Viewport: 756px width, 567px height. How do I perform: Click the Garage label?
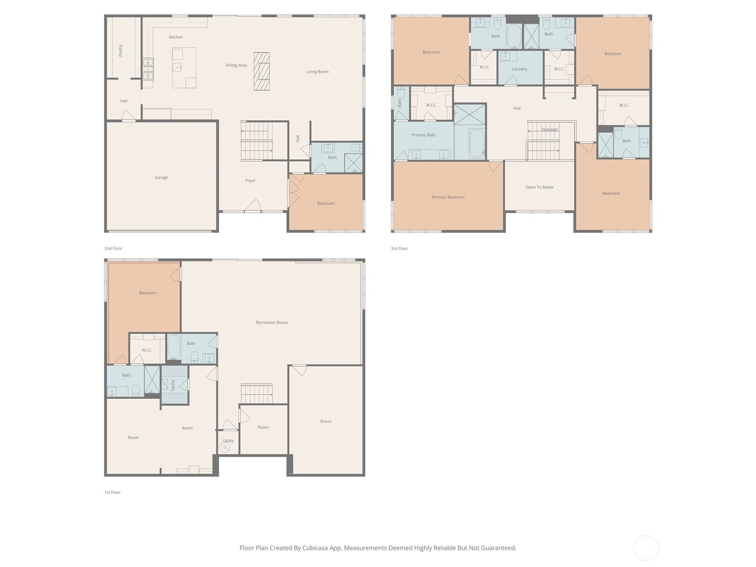coord(161,178)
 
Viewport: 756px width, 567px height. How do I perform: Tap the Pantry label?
coord(120,51)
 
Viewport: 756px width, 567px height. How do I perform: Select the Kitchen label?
coord(176,37)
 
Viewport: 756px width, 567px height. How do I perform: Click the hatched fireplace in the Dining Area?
coord(261,71)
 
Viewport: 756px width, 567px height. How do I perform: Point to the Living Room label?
coord(317,72)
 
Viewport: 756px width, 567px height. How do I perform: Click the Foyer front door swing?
coord(253,206)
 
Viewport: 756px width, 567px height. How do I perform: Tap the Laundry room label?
coord(519,69)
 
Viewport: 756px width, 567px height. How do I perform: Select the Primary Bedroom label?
coord(448,197)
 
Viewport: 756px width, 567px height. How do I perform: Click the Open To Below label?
coord(539,187)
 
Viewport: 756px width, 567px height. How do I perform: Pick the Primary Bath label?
coord(423,135)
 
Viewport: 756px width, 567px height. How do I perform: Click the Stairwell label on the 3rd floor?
coord(550,129)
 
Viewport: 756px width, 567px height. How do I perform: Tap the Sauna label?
coord(173,385)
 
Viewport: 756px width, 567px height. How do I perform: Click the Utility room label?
coord(228,441)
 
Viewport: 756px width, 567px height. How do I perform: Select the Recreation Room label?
coord(271,323)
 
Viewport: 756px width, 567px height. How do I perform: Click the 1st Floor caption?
coord(112,492)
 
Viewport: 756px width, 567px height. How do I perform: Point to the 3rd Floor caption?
coord(399,249)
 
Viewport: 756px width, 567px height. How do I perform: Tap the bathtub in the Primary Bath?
coord(476,144)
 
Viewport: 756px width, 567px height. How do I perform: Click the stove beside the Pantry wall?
coord(148,69)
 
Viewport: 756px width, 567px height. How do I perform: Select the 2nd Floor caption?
coord(113,249)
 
